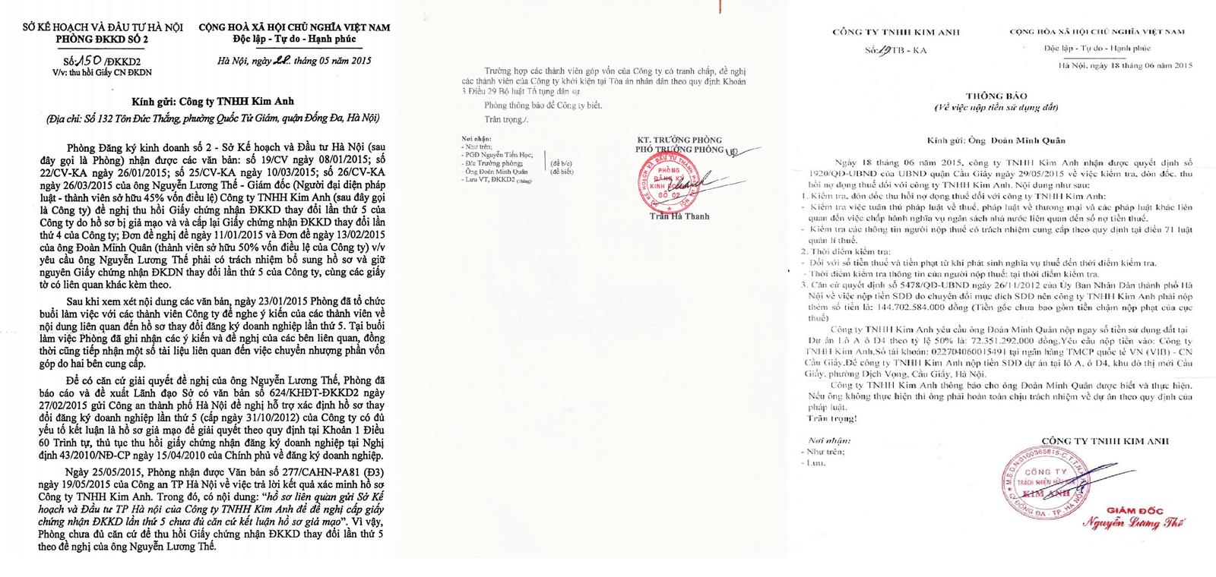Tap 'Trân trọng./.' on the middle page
pyautogui.click(x=502, y=120)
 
